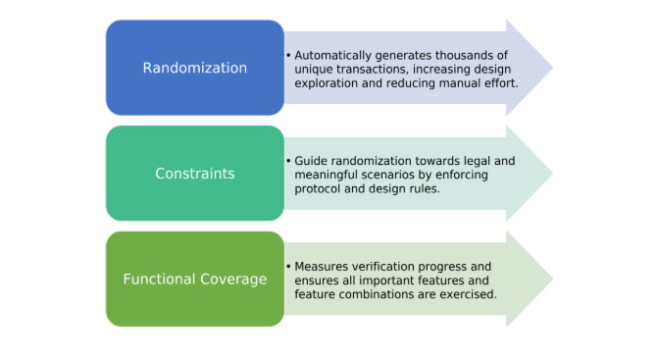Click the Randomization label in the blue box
[x=195, y=68]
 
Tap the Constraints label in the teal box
[x=195, y=174]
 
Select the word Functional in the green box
[x=159, y=279]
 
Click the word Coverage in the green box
[x=233, y=280]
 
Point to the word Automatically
[x=333, y=56]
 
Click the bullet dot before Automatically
[x=288, y=55]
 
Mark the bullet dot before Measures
[x=288, y=266]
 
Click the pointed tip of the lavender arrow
[x=553, y=68]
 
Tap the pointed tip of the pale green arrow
[x=553, y=279]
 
